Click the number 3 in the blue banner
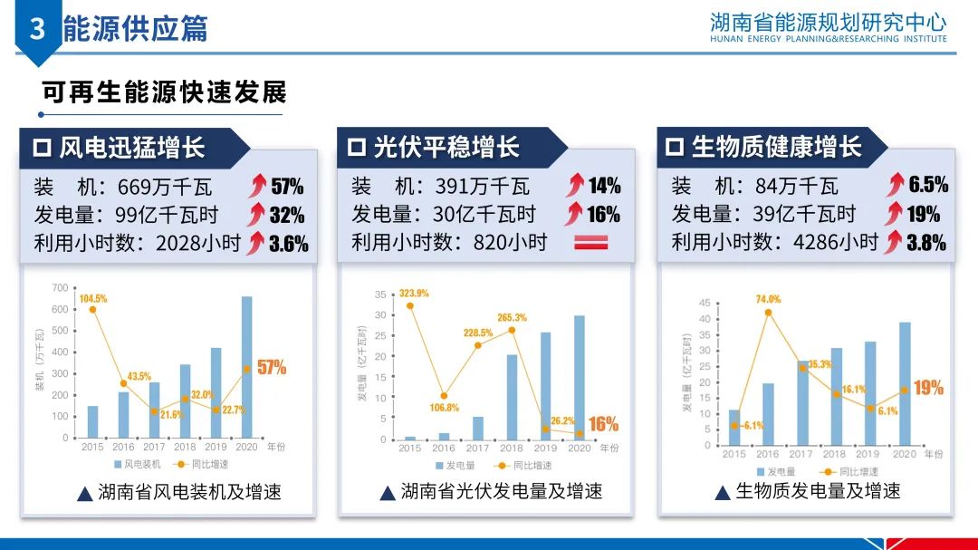coord(37,29)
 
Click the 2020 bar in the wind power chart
coord(246,367)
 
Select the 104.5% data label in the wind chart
coord(93,298)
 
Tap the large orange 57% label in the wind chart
coord(272,367)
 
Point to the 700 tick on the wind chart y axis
coord(60,288)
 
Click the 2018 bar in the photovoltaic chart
coord(512,397)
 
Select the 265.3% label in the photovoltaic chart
coord(512,317)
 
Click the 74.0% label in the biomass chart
coord(768,299)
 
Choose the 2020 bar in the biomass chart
coord(905,383)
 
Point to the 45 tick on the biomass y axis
coord(705,303)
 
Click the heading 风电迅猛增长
coord(132,147)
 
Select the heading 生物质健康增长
coord(776,147)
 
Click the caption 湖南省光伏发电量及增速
coord(502,492)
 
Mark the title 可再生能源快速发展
coord(164,92)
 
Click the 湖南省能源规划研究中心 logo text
coord(829,22)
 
